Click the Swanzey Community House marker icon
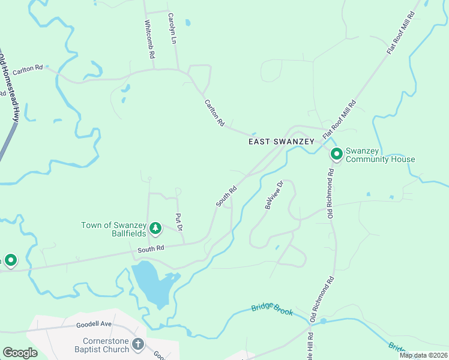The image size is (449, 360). (x=337, y=154)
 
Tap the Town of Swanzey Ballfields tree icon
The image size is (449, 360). (x=155, y=228)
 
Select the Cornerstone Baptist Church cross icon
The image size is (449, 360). (x=138, y=344)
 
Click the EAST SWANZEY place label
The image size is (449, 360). (x=281, y=141)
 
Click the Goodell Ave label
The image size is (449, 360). (x=94, y=324)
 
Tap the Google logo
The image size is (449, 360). (x=20, y=353)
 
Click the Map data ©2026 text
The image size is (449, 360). (x=423, y=355)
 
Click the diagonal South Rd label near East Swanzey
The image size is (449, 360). (x=226, y=196)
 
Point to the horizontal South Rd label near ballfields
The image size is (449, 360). (x=151, y=248)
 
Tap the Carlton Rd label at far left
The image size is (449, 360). (x=28, y=69)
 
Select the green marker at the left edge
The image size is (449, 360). (x=10, y=260)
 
